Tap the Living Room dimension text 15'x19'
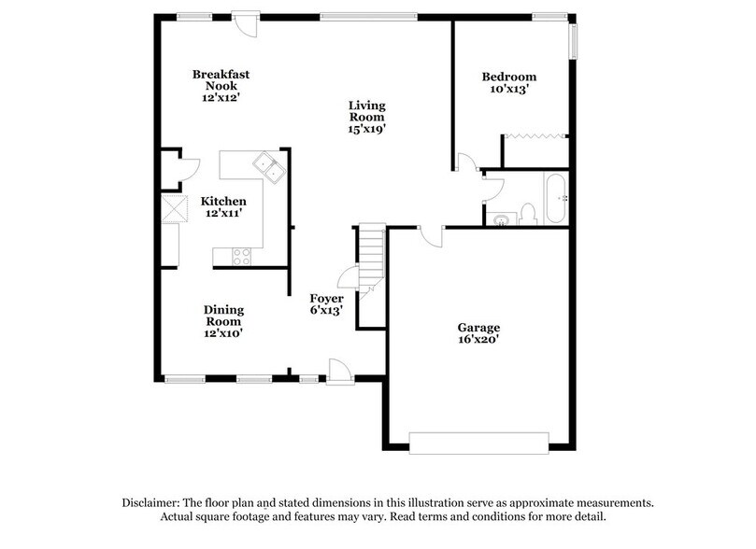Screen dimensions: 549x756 366,130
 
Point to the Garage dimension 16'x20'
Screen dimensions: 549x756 478,340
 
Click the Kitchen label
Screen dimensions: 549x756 223,201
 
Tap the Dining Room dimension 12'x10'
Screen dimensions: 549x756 223,332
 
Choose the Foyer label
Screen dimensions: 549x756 327,298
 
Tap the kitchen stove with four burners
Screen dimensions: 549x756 241,256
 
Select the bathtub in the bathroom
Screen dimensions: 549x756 555,198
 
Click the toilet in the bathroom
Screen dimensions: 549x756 528,213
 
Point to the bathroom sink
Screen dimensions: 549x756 502,220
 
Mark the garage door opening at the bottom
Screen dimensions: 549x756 478,442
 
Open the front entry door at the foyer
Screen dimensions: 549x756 338,373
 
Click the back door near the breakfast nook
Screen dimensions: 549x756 246,22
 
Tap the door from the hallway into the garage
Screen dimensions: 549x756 432,235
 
